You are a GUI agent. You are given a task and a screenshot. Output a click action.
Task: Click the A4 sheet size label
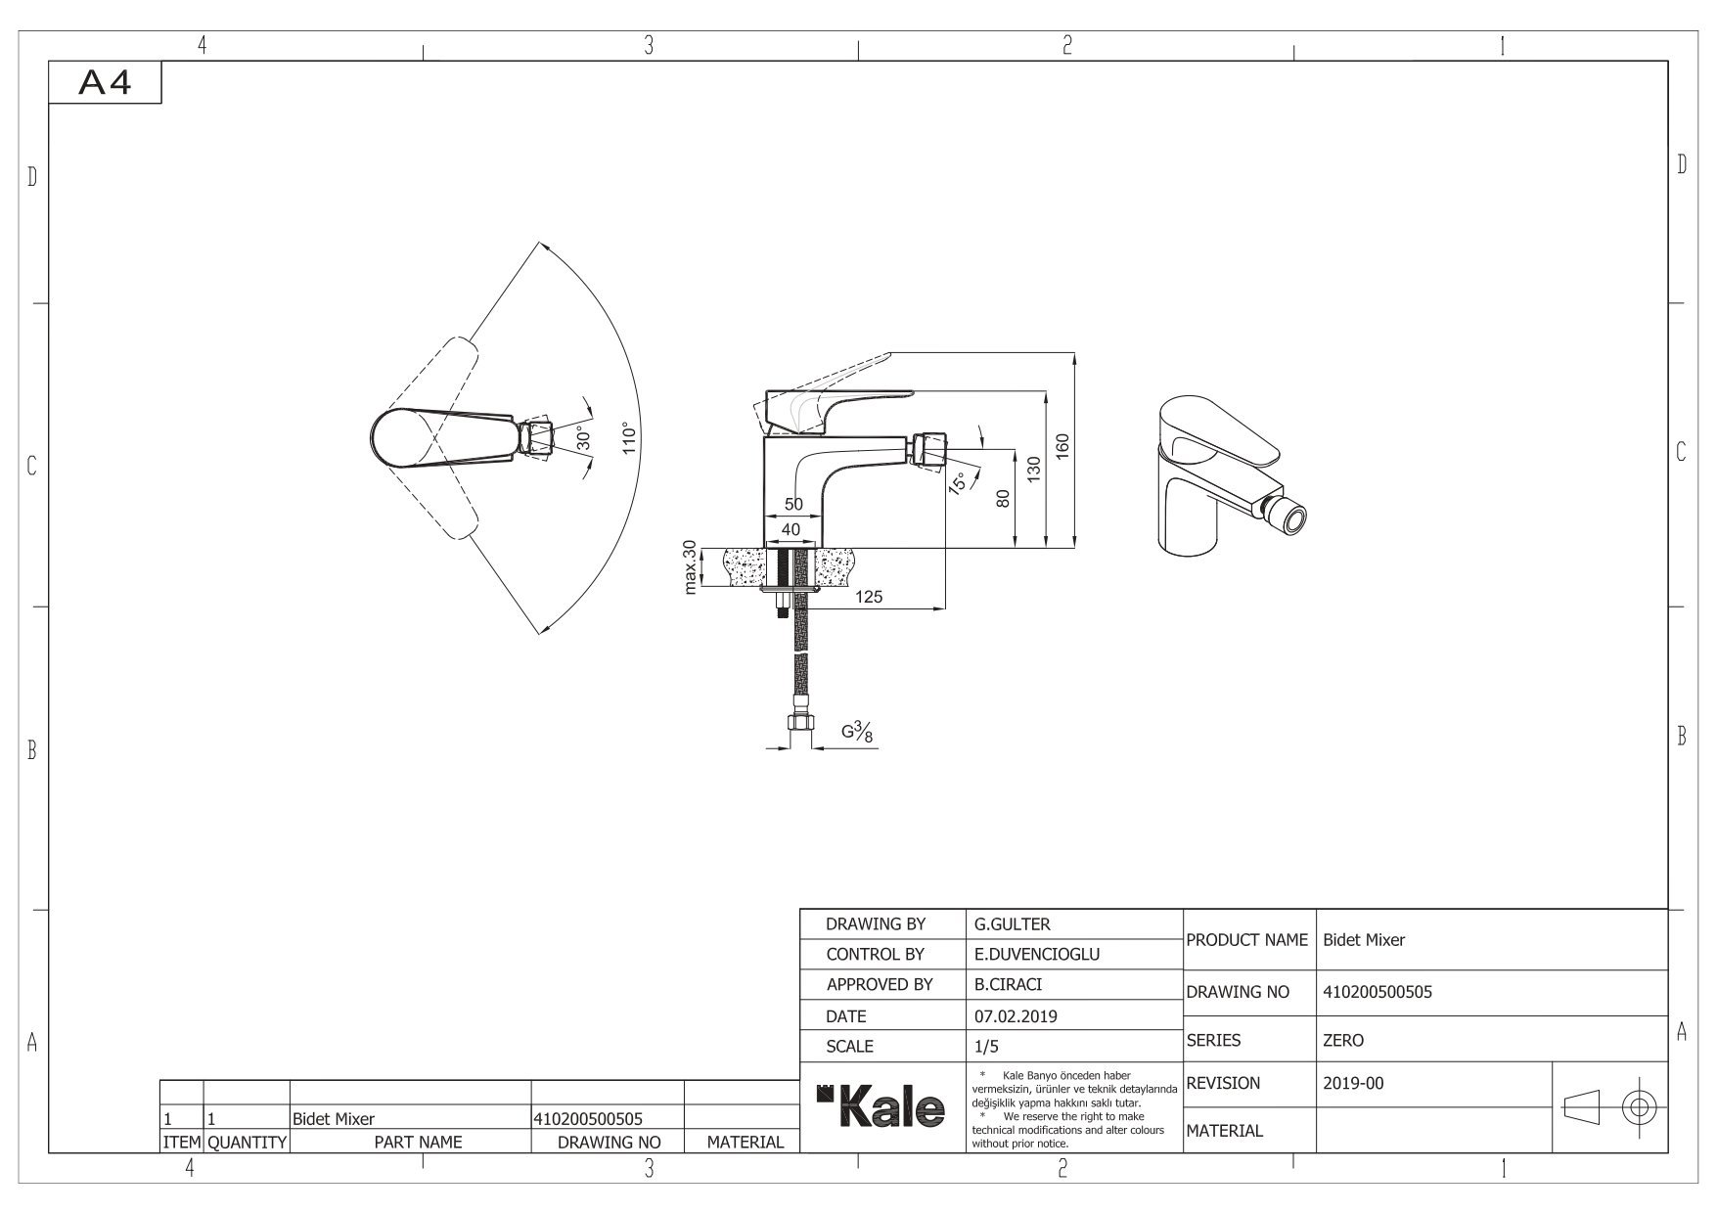(x=105, y=84)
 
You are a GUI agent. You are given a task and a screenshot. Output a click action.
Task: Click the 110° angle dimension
(x=629, y=437)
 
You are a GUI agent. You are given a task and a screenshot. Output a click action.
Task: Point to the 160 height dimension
(x=1063, y=444)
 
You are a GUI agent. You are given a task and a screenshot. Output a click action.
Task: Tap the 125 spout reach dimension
(x=869, y=596)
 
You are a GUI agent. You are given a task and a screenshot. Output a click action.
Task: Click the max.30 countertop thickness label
(x=690, y=566)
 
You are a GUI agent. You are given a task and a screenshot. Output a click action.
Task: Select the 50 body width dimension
(x=793, y=504)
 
